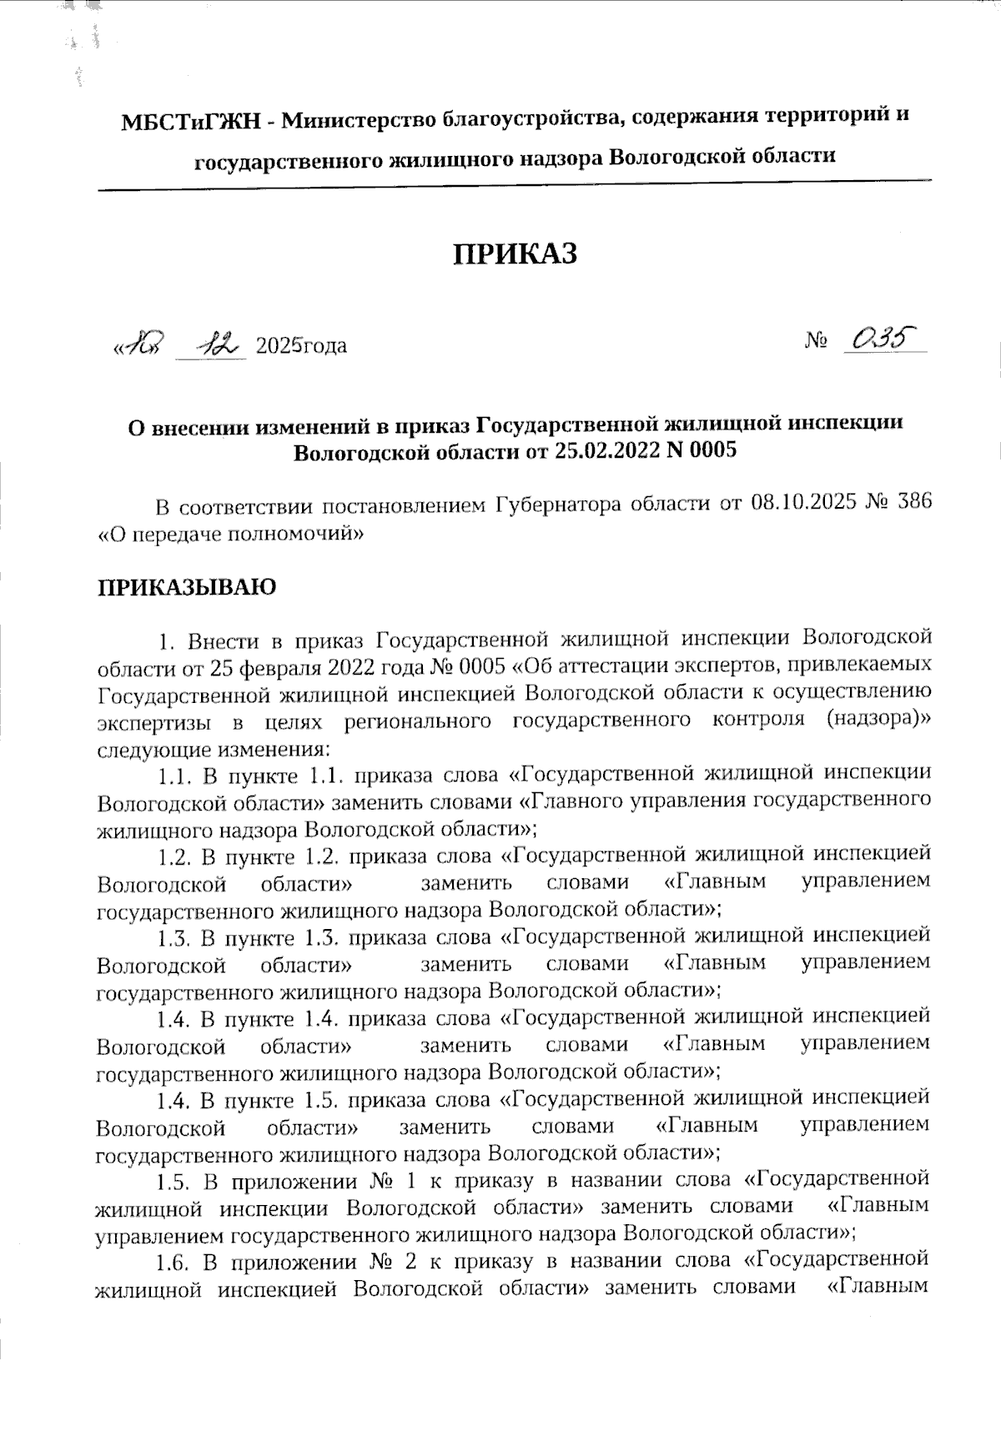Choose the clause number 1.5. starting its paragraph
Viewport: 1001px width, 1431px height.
(176, 1182)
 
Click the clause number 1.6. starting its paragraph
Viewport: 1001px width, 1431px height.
(176, 1263)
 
